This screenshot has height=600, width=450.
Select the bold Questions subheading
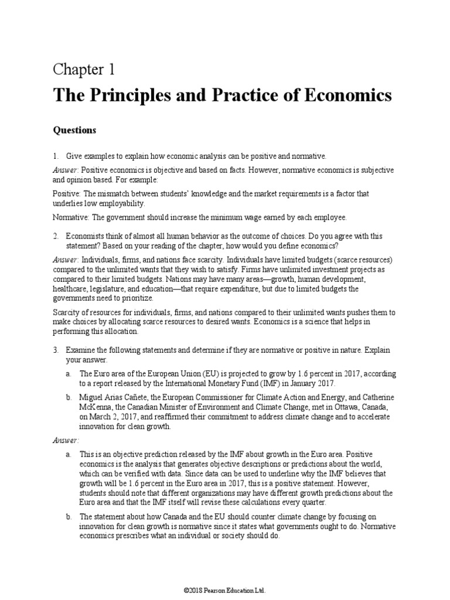(74, 130)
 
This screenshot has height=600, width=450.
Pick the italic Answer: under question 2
(66, 260)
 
